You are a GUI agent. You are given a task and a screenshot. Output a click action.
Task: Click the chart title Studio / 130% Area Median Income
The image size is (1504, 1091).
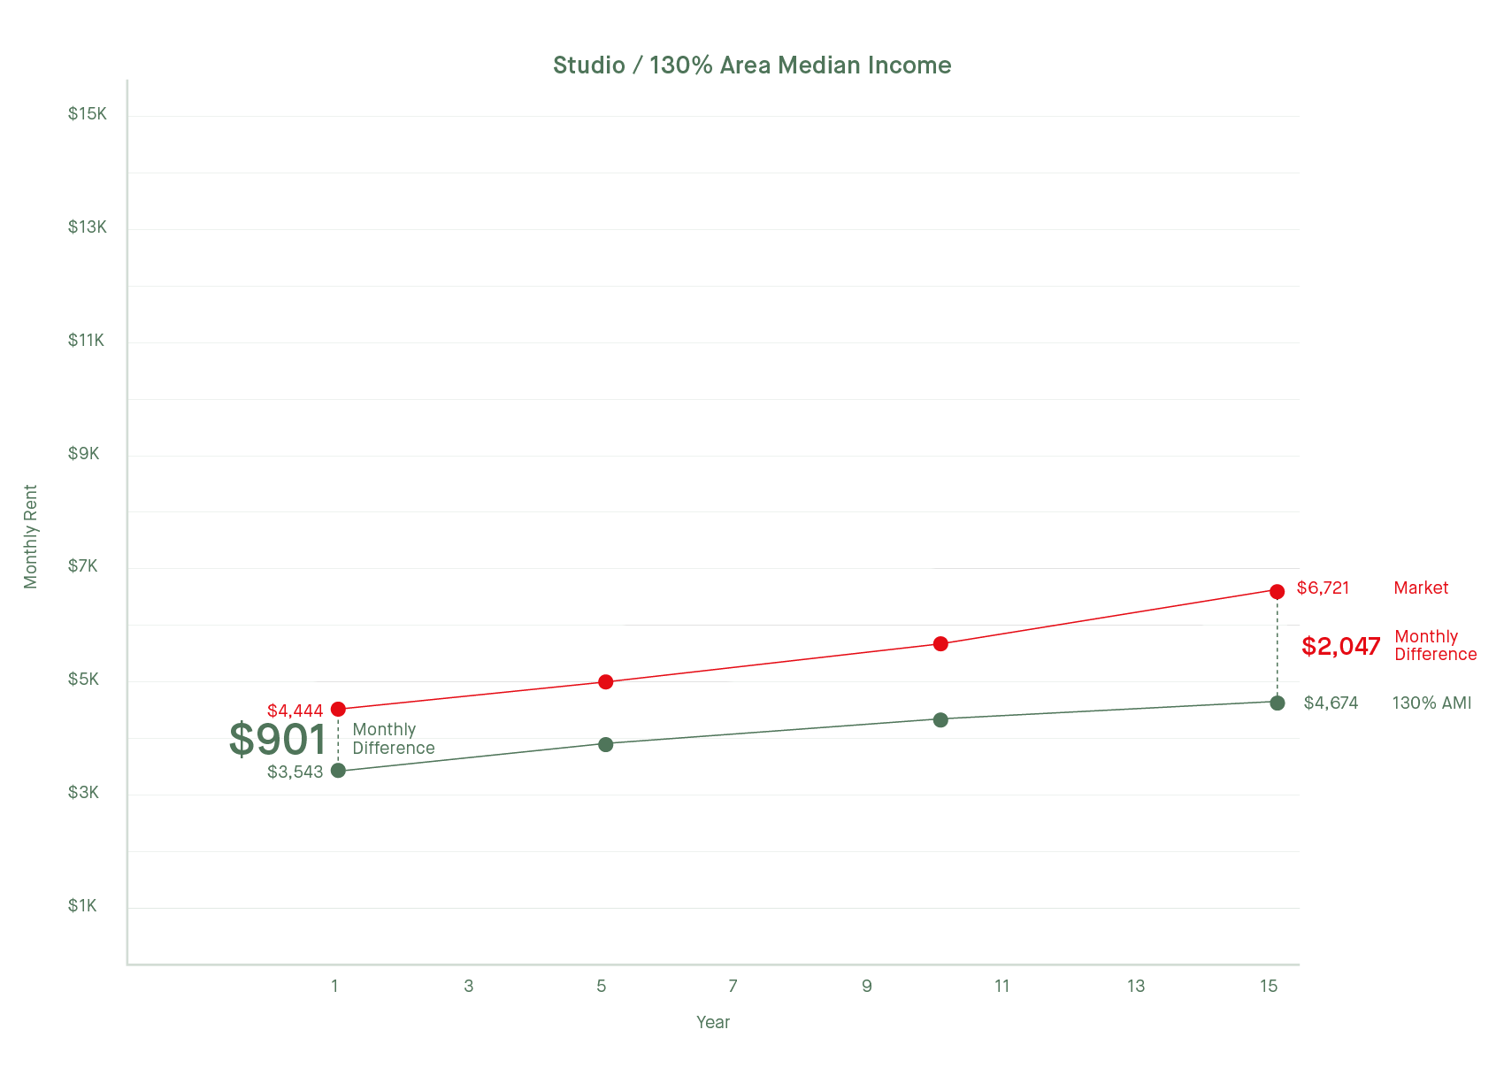coord(752,65)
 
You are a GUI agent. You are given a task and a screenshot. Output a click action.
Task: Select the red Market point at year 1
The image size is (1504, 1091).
coord(338,709)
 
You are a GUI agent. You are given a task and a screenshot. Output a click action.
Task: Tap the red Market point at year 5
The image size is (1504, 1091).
coord(606,682)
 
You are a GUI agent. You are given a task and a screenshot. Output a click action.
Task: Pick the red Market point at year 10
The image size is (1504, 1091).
coord(940,643)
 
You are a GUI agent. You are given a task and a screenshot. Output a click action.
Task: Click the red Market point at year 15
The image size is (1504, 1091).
coord(1277,591)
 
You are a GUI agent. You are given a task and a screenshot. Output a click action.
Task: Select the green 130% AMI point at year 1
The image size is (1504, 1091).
coord(338,771)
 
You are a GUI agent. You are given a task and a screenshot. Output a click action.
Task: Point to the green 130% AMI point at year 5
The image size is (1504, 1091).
coord(606,744)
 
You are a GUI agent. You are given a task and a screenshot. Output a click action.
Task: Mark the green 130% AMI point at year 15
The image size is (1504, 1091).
coord(1277,703)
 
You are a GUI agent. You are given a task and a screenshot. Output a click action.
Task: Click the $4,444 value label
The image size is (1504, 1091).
coord(295,711)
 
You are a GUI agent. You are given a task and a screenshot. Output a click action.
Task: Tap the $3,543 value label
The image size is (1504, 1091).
coord(295,772)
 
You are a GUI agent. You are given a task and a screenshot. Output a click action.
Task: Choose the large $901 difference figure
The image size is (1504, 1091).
coord(278,740)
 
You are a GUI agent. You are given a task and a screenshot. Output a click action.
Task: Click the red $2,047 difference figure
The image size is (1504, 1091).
coord(1340,646)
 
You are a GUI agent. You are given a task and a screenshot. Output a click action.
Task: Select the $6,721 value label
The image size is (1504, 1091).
coord(1323,588)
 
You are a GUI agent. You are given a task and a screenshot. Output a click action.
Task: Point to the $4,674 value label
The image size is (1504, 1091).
coord(1331,703)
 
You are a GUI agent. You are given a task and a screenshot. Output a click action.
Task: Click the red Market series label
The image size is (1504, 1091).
coord(1421,588)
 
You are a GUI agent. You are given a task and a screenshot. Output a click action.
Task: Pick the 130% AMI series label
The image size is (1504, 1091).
coord(1431,703)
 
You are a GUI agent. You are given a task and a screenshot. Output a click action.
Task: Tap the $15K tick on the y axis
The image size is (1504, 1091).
coord(87,114)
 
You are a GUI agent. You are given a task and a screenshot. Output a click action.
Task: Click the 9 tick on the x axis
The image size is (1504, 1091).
coord(867,986)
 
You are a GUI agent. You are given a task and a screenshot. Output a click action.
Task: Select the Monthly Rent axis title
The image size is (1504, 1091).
coord(31,536)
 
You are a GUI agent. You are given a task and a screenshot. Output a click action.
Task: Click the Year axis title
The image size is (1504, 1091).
coord(713,1023)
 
